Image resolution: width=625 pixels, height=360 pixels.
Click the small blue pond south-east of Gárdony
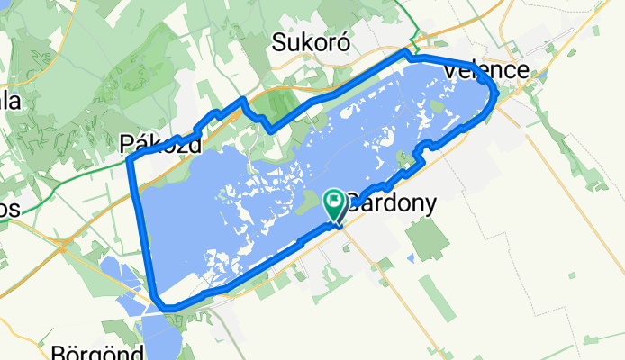pos(411,258)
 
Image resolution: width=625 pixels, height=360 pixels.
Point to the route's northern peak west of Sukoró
pos(241,100)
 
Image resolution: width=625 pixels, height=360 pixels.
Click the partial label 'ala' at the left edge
pos(9,101)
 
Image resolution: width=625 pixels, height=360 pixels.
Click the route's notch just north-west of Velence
pos(408,57)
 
